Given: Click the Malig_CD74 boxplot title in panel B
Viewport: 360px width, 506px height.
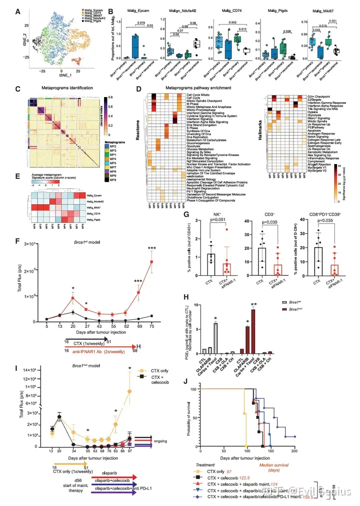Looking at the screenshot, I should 222,10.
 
